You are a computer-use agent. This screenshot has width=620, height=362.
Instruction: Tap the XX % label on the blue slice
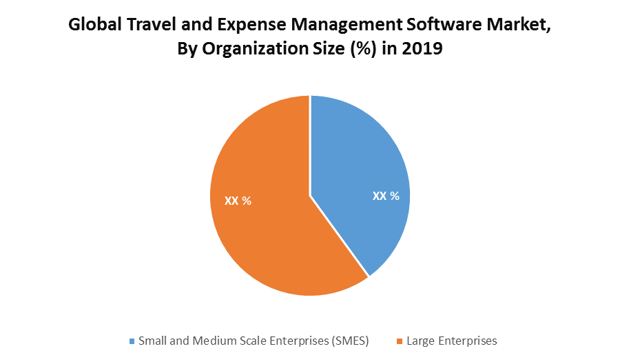(386, 196)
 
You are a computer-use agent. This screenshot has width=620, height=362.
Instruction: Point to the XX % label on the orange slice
(238, 201)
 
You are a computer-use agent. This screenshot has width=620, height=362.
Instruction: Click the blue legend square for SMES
(132, 341)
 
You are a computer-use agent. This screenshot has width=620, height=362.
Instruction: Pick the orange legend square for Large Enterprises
(399, 341)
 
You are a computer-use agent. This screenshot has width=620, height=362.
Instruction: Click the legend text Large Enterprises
(451, 341)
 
